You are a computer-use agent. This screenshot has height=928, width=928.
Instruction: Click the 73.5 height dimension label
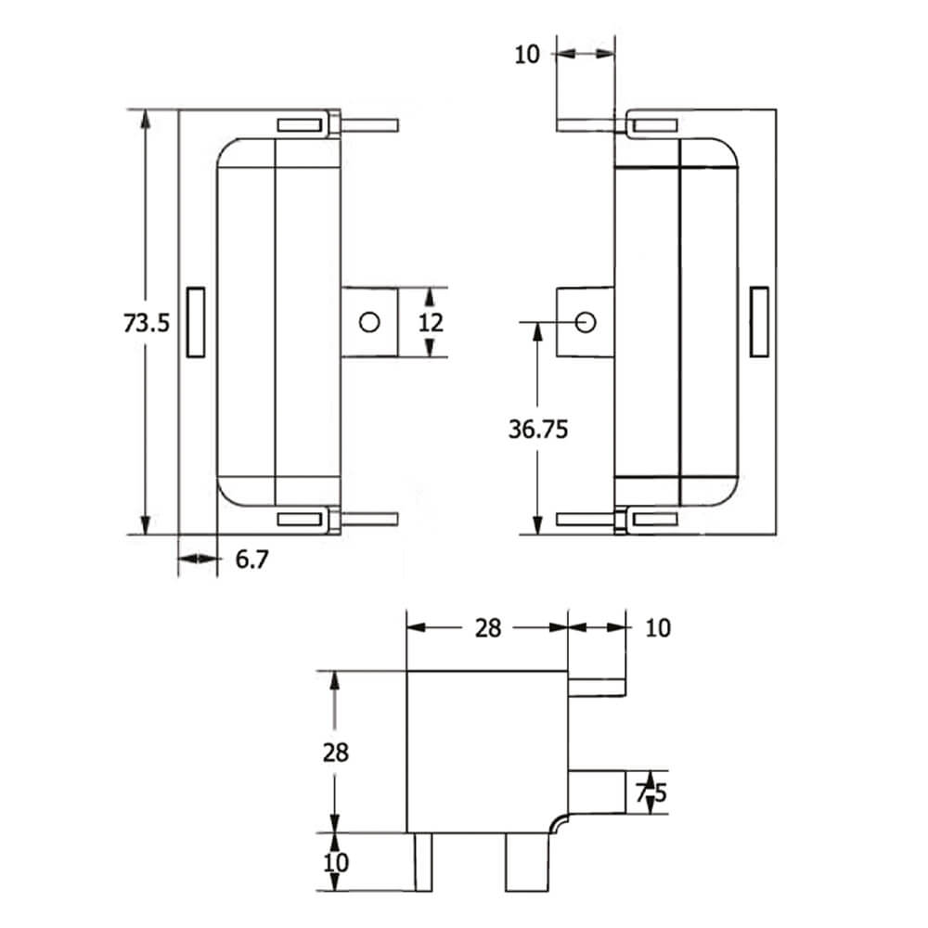point(147,323)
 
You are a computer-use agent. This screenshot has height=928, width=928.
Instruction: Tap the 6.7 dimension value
point(251,560)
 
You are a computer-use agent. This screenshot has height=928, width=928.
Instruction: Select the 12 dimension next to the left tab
point(431,322)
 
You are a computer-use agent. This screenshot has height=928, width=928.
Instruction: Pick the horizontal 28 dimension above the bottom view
point(487,628)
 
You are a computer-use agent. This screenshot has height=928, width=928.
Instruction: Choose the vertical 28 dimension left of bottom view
point(336,752)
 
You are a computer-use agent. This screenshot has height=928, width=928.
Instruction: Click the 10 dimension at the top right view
point(526,54)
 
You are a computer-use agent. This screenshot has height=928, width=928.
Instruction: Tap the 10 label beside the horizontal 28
point(656,628)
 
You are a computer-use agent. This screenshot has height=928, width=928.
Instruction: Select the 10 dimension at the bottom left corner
point(336,862)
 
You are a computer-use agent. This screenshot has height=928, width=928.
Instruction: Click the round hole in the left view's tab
point(369,322)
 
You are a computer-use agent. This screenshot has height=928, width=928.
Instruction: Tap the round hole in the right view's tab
point(586,322)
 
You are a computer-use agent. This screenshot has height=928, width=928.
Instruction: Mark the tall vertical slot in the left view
point(196,322)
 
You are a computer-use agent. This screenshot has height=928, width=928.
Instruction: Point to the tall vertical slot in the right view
point(759,322)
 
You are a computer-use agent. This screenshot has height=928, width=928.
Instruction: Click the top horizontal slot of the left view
point(300,125)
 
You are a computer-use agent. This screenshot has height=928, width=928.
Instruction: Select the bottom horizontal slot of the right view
point(655,520)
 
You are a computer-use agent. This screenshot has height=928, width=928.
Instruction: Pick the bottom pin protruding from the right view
point(586,520)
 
